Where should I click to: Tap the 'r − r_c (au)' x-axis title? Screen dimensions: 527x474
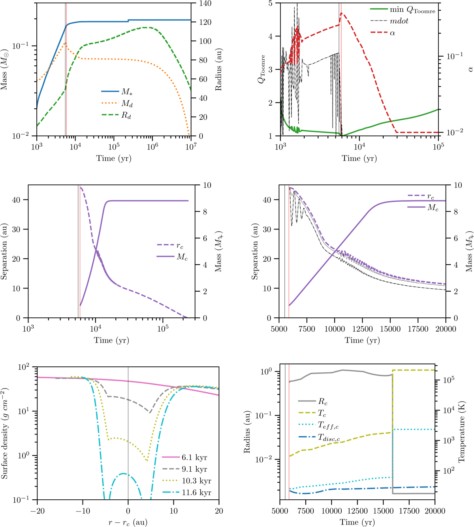click(x=128, y=522)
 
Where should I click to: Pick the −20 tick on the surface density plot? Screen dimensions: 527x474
click(x=37, y=511)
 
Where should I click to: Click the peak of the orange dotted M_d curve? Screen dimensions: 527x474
click(x=65, y=43)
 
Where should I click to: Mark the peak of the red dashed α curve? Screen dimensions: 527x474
click(x=342, y=13)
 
